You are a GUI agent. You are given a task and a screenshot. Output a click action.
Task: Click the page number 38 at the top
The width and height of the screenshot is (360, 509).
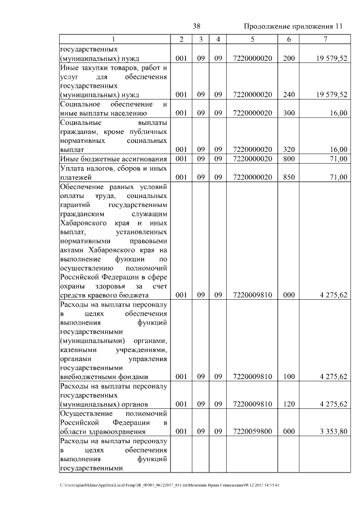point(197,26)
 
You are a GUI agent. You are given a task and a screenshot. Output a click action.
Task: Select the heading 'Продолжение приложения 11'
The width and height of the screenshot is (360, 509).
point(292,27)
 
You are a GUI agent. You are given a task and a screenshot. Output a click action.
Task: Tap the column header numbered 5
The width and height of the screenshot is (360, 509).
point(253,39)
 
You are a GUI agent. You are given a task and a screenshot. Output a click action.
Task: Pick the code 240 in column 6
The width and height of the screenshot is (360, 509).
point(289,94)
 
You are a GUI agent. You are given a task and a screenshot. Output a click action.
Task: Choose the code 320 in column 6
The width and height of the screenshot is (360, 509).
point(289,149)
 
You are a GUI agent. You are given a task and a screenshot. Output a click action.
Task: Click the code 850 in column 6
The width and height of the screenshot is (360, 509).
point(289,177)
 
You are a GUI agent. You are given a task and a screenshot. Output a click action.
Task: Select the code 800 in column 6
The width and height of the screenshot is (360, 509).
point(289,159)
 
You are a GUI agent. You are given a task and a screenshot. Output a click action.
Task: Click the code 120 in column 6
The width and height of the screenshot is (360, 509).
point(289,404)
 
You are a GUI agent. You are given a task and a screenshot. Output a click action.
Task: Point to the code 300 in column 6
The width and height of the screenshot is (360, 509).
point(289,113)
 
